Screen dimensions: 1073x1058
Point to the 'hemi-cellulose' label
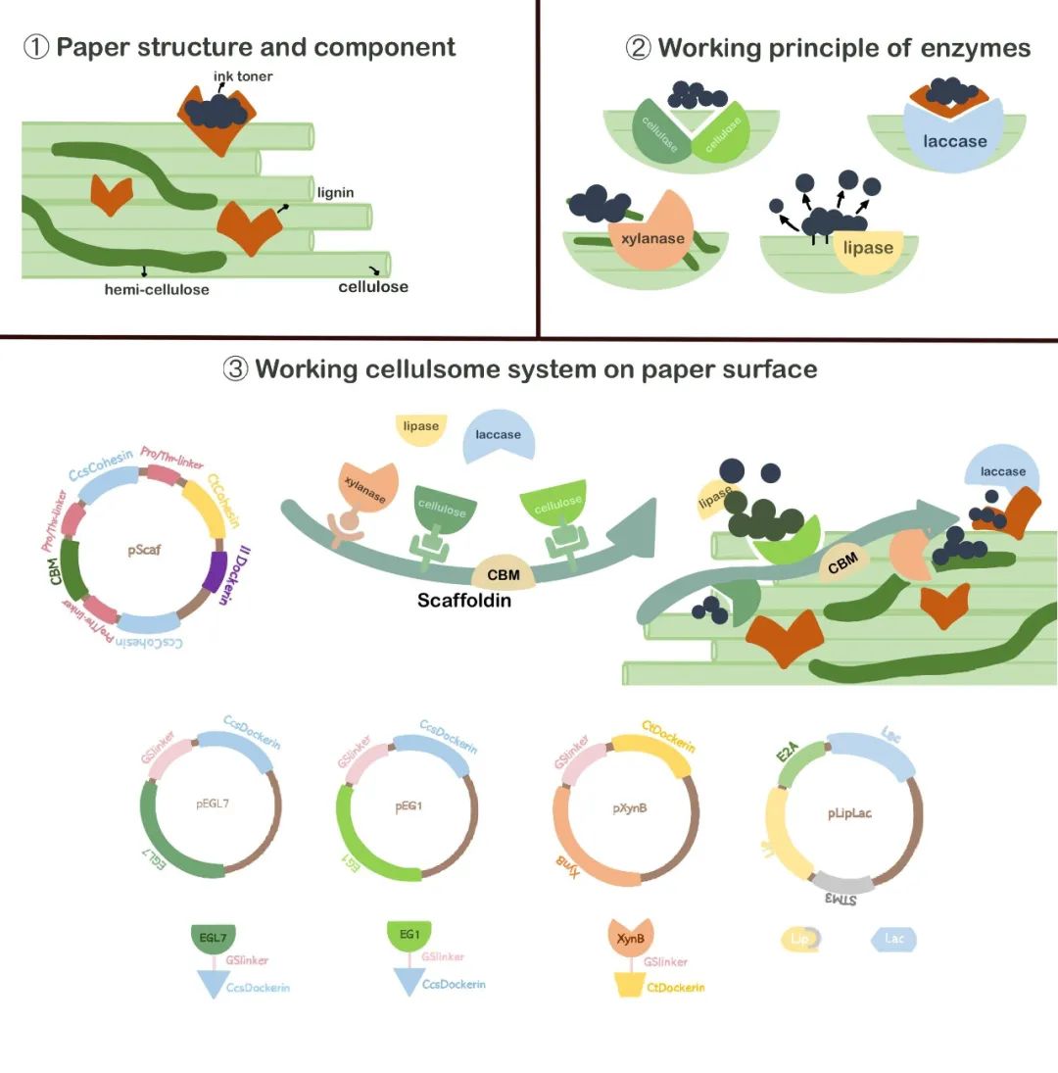(x=157, y=289)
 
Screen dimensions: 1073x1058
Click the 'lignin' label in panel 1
(x=335, y=193)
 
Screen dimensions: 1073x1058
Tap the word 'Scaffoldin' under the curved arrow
(x=464, y=600)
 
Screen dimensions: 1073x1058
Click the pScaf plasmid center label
(x=144, y=550)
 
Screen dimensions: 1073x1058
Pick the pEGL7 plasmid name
(x=212, y=805)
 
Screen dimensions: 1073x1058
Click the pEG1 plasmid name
(x=408, y=805)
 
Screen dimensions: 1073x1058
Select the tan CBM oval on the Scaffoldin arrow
(x=504, y=575)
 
